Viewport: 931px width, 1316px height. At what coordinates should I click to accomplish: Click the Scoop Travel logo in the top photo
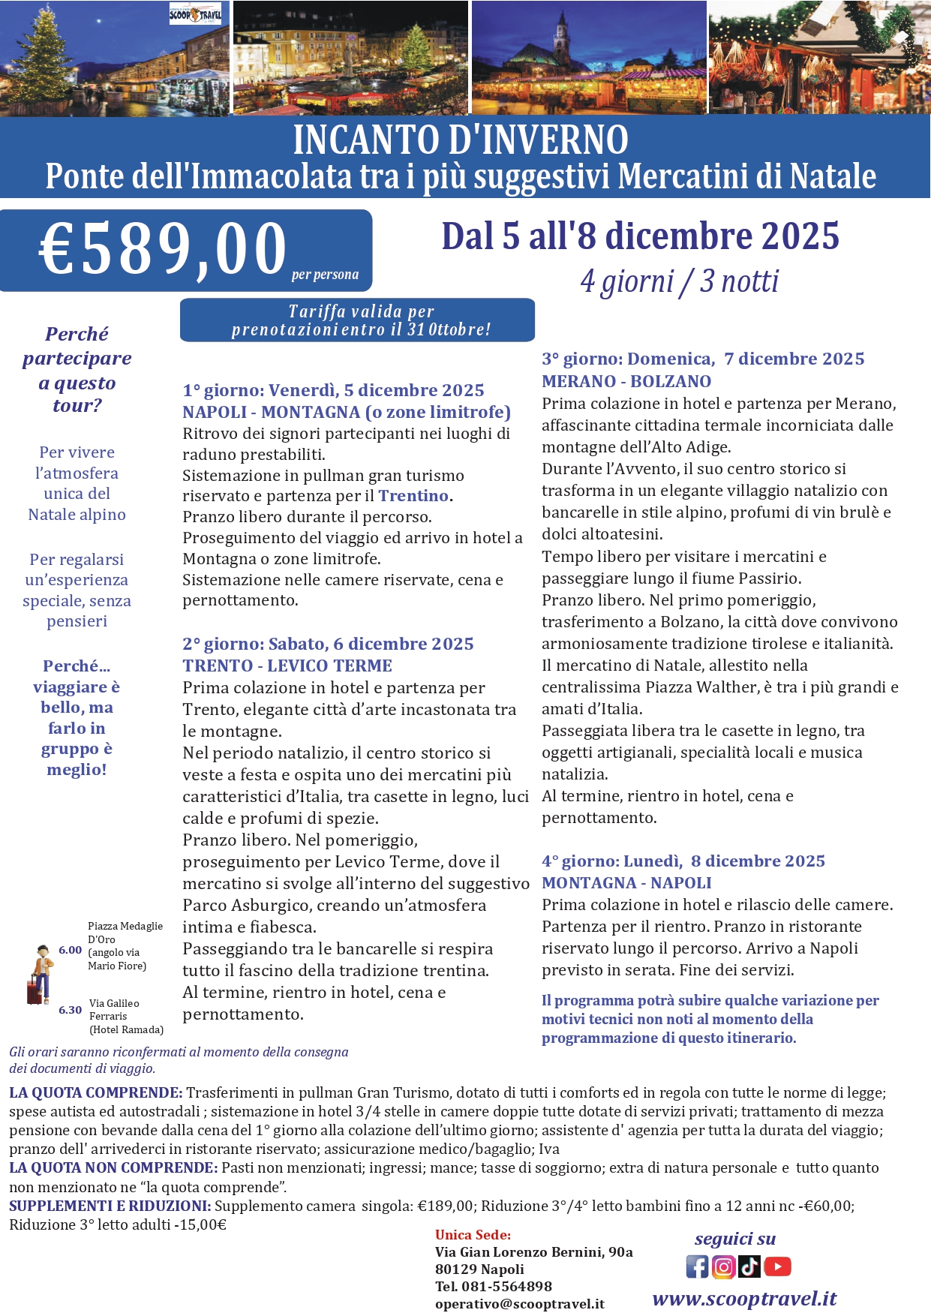(195, 14)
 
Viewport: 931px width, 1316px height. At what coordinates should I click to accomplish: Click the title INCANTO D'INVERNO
(461, 140)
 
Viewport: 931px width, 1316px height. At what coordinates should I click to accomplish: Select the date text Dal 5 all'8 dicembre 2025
(640, 236)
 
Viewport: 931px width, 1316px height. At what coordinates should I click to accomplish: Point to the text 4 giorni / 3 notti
(679, 281)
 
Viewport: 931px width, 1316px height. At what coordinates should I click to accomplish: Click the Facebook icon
(697, 1266)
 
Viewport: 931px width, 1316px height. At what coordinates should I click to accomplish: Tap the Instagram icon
(723, 1266)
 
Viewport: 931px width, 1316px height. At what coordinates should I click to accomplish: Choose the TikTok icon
(749, 1266)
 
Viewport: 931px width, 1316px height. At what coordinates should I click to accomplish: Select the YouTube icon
(777, 1266)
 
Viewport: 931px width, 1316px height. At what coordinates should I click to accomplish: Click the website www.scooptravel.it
(744, 1299)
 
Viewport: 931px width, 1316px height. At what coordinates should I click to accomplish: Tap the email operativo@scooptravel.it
(519, 1304)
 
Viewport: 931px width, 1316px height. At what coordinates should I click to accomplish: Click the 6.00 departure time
(71, 950)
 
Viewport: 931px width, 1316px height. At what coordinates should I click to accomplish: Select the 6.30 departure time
(71, 1010)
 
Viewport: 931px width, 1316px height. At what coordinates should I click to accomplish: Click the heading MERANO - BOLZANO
(626, 381)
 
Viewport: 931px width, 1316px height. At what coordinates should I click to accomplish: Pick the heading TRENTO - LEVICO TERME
(287, 666)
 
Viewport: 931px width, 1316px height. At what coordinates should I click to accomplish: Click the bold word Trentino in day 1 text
(413, 496)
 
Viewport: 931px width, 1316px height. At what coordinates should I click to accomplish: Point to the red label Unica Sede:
(473, 1235)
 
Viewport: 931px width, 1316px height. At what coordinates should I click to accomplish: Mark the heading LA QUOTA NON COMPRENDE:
(113, 1167)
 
